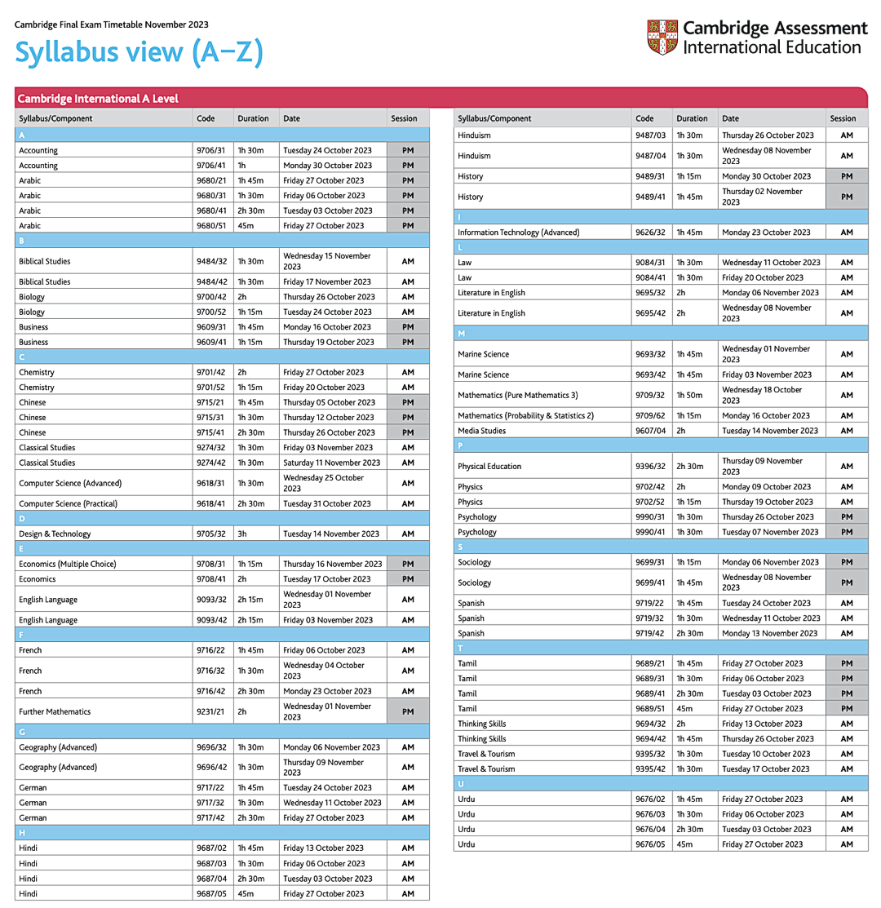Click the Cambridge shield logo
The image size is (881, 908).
pos(662,38)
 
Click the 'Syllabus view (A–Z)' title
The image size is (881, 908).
pos(139,53)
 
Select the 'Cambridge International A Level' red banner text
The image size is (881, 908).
pos(98,99)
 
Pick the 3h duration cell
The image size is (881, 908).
pos(242,534)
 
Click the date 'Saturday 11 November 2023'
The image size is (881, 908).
pos(332,463)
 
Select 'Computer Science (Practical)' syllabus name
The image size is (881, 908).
pos(68,503)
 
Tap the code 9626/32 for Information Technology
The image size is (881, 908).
pos(650,232)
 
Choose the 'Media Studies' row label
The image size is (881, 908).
pos(482,430)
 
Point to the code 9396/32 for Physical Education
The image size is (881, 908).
pos(650,466)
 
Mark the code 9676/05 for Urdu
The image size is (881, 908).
pos(650,844)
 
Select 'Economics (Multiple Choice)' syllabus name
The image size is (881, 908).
pos(68,564)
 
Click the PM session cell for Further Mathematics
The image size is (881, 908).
pos(408,711)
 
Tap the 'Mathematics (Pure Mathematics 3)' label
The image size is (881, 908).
pos(518,395)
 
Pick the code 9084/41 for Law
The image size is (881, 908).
pos(650,277)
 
